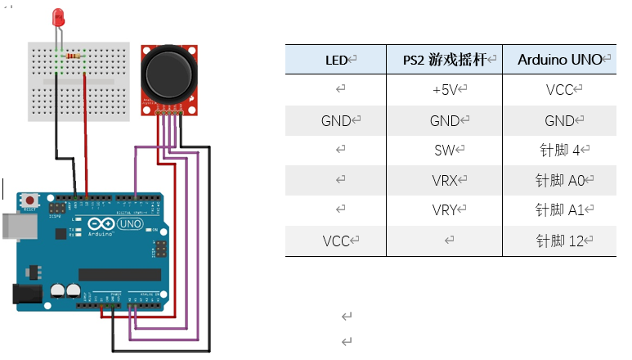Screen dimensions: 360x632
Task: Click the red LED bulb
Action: pyautogui.click(x=59, y=17)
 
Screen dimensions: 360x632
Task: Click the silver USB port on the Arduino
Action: pyautogui.click(x=10, y=227)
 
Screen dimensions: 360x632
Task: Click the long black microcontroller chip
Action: pyautogui.click(x=119, y=274)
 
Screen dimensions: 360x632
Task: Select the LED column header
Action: pyautogui.click(x=336, y=60)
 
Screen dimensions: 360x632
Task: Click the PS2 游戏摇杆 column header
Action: pyautogui.click(x=444, y=60)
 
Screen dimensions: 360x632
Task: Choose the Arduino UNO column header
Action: pyautogui.click(x=559, y=60)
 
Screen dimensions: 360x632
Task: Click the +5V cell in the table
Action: pyautogui.click(x=444, y=90)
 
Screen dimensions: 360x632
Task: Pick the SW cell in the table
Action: pyautogui.click(x=444, y=150)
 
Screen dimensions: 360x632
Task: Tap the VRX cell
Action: pyautogui.click(x=444, y=180)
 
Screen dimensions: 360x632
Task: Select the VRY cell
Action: pyautogui.click(x=444, y=210)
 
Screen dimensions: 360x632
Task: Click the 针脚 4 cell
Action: pyautogui.click(x=559, y=150)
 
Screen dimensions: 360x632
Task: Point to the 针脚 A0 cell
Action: pyautogui.click(x=559, y=180)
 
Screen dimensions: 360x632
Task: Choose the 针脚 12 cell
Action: pyautogui.click(x=559, y=241)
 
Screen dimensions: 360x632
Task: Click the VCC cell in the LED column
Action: pyautogui.click(x=336, y=241)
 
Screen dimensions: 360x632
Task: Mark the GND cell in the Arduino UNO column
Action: pyautogui.click(x=559, y=120)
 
